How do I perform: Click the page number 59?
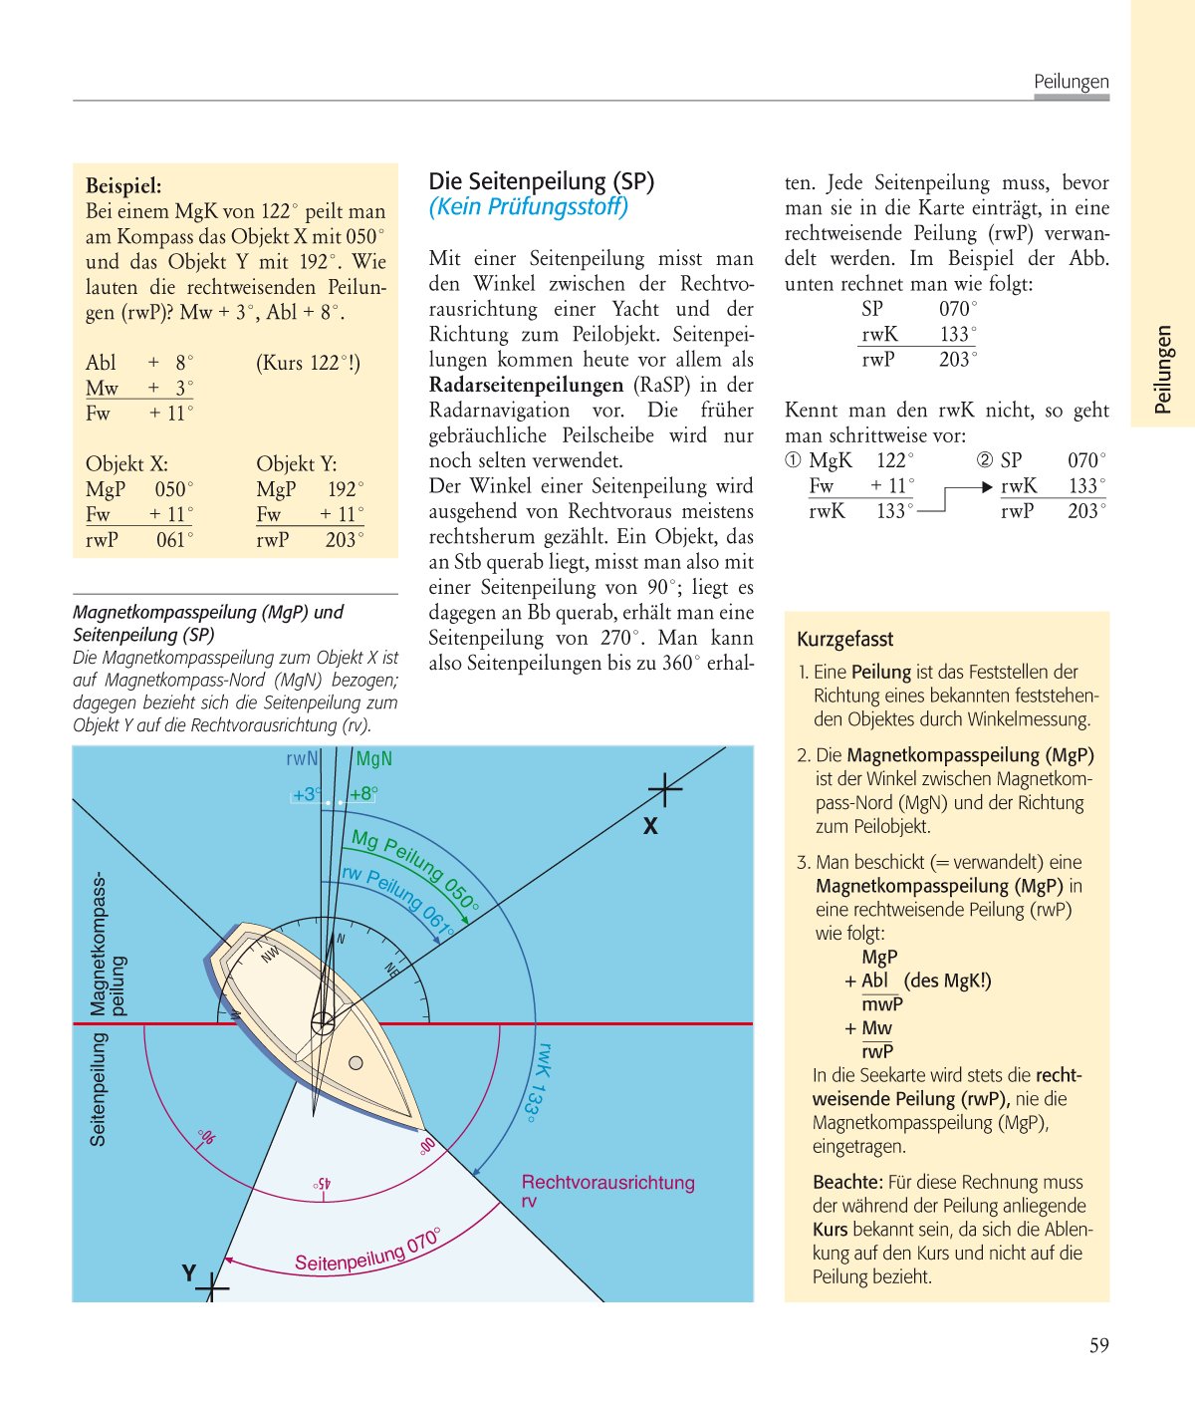tap(1098, 1346)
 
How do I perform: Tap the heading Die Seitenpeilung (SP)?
tap(541, 181)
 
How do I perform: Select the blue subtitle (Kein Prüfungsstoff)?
tap(528, 207)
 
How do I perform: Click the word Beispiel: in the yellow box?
tap(123, 185)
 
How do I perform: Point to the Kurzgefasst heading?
tap(844, 640)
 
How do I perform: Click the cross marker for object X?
tap(664, 790)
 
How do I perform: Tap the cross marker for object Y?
tap(211, 1287)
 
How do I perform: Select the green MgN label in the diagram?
tap(373, 759)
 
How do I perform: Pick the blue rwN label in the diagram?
tap(302, 759)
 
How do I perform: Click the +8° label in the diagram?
tap(363, 794)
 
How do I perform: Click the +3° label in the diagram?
tap(307, 794)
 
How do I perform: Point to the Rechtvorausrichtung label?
tap(607, 1183)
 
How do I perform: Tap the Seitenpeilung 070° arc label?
tap(366, 1252)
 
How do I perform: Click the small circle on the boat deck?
tap(356, 1063)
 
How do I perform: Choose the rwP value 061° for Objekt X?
tap(174, 540)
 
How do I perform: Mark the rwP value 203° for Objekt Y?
tap(345, 540)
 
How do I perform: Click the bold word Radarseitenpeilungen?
tap(526, 385)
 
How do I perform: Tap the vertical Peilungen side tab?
tap(1162, 369)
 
